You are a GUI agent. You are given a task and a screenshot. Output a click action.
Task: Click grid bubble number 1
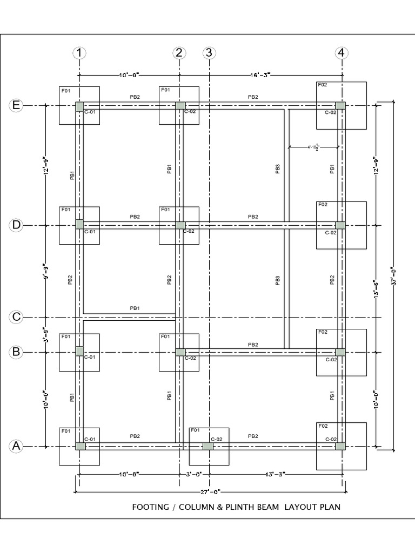click(x=79, y=53)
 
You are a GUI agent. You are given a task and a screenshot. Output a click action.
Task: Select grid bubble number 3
click(x=209, y=53)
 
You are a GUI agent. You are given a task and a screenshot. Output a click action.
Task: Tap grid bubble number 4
click(x=341, y=53)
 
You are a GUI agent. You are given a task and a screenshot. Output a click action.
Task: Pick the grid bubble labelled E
click(x=16, y=105)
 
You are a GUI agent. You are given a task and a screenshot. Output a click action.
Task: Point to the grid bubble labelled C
click(x=16, y=317)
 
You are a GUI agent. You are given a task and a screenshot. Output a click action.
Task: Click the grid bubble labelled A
click(x=16, y=446)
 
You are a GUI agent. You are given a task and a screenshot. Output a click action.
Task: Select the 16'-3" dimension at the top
click(x=260, y=75)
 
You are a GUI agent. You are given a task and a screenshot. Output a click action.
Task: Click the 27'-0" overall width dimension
click(x=209, y=491)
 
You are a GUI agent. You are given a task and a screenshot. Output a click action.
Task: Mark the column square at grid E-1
click(x=79, y=106)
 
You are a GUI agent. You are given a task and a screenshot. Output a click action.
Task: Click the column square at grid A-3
click(x=207, y=447)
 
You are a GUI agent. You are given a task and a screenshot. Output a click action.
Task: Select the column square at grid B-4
click(x=340, y=352)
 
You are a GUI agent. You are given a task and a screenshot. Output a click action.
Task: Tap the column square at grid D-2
click(x=180, y=225)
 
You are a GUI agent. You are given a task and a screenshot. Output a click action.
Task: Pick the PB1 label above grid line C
click(x=135, y=308)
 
